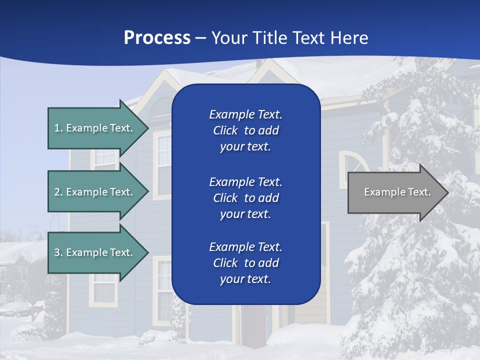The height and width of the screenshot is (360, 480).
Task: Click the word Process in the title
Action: (157, 37)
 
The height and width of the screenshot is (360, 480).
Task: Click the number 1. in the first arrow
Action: (58, 128)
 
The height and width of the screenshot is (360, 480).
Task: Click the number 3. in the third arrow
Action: (58, 252)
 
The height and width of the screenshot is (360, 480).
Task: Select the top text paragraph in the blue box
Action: (245, 130)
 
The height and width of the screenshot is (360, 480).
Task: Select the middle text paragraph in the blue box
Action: (245, 198)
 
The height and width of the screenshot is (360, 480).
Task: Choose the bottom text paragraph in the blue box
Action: (245, 263)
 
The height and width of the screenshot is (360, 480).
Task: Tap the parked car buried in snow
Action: (15, 308)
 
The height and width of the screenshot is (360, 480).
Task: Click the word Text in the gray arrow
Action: (419, 192)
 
